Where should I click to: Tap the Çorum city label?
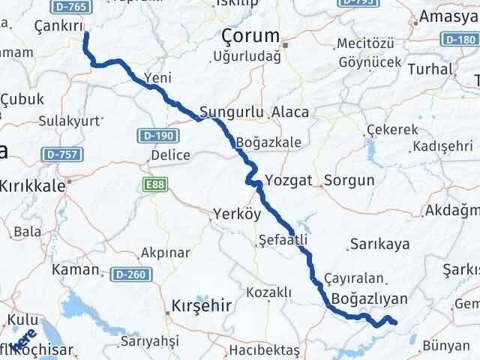(x=250, y=35)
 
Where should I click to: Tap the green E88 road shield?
(x=151, y=183)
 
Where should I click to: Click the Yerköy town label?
(x=236, y=212)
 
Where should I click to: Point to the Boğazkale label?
(x=268, y=142)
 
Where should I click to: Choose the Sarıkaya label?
(x=379, y=244)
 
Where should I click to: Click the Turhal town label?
(x=434, y=69)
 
